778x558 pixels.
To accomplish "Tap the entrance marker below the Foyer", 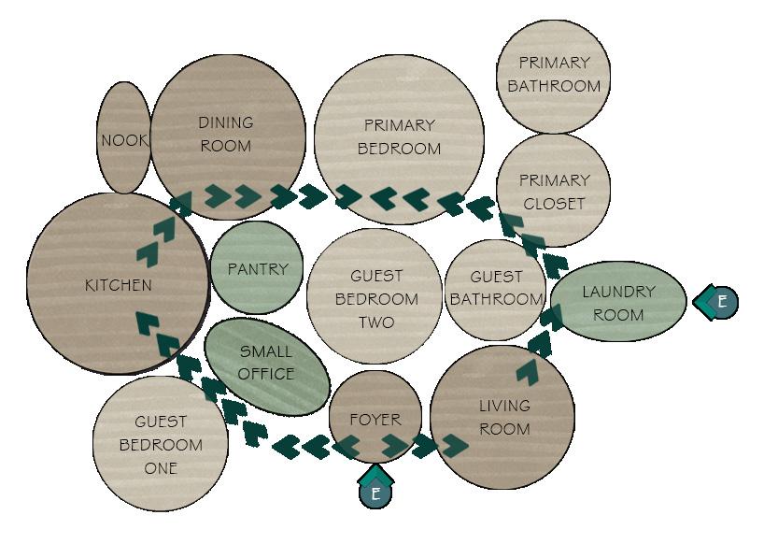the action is coord(375,492).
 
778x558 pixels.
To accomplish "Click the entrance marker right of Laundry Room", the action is coord(720,302).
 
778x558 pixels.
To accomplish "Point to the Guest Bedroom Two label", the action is coord(376,299).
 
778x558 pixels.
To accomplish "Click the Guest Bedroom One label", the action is coord(161,445).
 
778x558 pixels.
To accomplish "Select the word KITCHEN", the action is coord(119,285).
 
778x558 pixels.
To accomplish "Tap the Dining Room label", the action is coord(226,134).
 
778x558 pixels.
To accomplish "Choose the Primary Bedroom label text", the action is coord(399,136).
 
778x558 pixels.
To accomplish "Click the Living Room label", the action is coord(504,418).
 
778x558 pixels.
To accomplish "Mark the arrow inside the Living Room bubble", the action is coord(528,373).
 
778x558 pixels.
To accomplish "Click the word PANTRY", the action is coord(258,269).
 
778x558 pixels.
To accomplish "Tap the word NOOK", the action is coord(124,140).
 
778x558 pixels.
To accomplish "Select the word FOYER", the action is coord(375,420).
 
